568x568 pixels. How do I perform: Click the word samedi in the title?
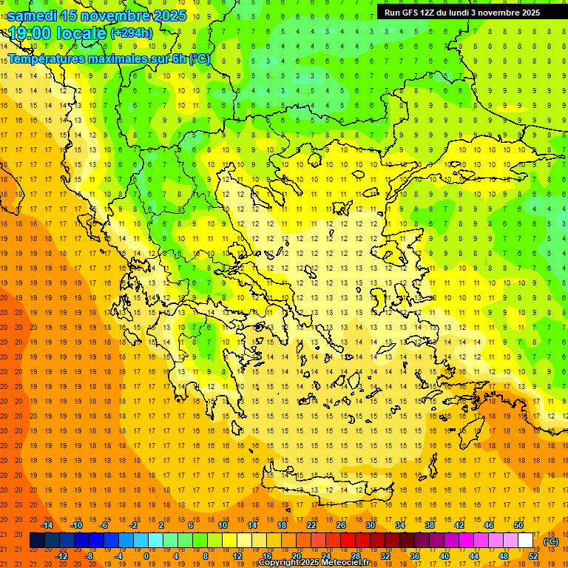(x=33, y=16)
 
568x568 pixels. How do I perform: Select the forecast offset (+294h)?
(x=131, y=33)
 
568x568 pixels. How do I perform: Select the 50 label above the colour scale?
(x=518, y=525)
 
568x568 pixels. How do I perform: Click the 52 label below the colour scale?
(x=532, y=555)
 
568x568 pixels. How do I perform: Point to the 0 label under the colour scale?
(x=146, y=555)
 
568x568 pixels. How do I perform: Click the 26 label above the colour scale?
(x=341, y=525)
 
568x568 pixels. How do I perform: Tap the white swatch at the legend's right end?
(x=525, y=541)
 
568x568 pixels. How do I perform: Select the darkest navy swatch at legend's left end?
(x=37, y=541)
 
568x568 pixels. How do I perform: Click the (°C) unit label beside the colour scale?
(x=550, y=541)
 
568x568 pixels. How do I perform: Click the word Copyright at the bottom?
(x=280, y=563)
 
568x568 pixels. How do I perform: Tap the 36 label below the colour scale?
(x=414, y=555)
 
